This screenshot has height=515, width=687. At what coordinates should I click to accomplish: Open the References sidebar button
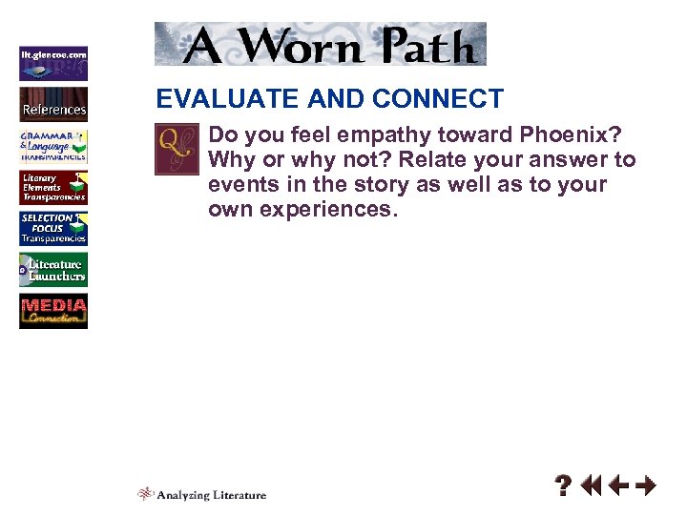(53, 103)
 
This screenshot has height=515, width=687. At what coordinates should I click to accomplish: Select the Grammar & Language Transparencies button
(53, 146)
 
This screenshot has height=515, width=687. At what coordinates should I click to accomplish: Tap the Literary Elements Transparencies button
(53, 187)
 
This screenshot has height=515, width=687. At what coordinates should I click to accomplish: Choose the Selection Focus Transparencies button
(53, 229)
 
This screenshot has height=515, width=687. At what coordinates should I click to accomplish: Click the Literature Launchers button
(53, 270)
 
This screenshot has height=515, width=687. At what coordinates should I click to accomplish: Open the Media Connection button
(53, 312)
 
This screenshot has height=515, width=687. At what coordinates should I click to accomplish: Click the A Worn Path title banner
(321, 44)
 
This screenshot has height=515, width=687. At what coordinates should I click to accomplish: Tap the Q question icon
(177, 150)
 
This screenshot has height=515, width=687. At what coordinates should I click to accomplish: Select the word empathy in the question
(359, 134)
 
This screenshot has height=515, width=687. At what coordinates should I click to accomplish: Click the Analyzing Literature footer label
(202, 494)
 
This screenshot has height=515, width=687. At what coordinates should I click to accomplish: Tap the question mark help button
(564, 486)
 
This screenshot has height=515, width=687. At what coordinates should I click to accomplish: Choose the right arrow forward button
(646, 486)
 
